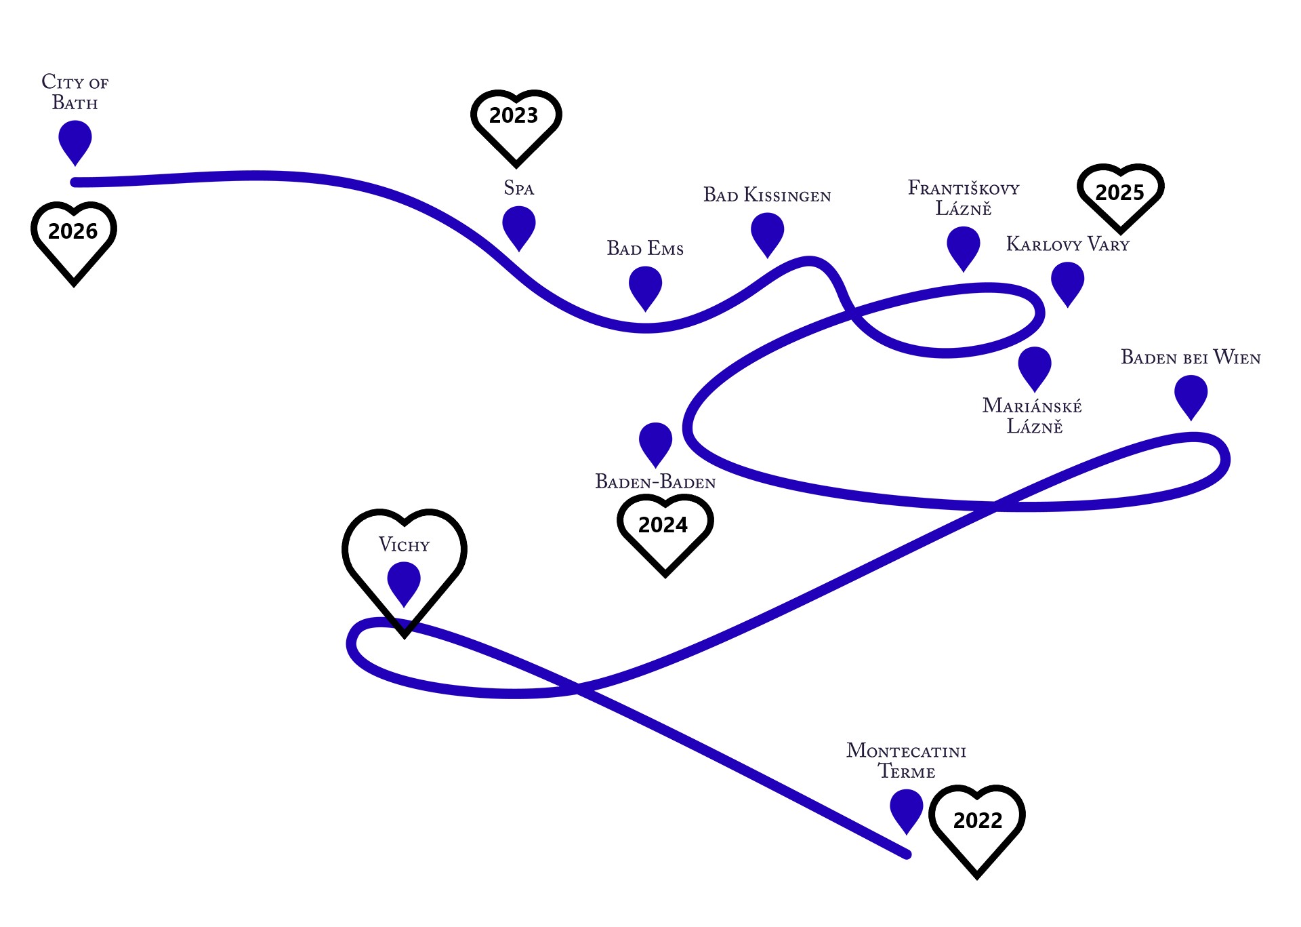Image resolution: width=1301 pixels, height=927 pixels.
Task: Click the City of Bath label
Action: click(x=75, y=92)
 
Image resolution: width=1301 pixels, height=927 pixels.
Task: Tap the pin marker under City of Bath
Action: click(x=75, y=140)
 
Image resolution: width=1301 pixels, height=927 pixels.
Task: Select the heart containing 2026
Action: click(x=73, y=237)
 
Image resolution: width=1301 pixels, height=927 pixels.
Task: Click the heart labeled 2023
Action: click(x=515, y=122)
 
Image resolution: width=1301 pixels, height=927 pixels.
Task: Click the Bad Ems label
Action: click(x=645, y=249)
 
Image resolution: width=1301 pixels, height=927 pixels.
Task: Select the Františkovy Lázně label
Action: click(x=964, y=198)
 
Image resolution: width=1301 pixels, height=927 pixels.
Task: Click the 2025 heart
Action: click(x=1120, y=194)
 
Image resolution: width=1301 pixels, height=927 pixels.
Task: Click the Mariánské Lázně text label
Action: click(x=1033, y=416)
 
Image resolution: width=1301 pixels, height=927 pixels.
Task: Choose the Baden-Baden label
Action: click(x=655, y=482)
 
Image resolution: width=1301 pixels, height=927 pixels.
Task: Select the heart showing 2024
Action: click(x=664, y=529)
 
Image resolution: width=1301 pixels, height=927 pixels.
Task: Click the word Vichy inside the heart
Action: click(x=404, y=545)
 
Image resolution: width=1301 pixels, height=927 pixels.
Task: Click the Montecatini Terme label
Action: click(x=907, y=761)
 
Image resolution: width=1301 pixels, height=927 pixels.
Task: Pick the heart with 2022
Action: click(x=976, y=824)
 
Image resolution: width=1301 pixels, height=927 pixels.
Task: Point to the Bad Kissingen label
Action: click(x=767, y=196)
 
